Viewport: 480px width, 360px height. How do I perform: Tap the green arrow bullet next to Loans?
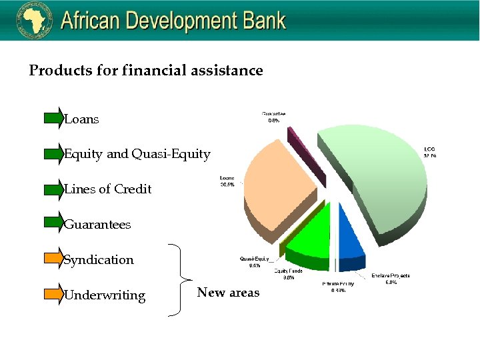(53, 119)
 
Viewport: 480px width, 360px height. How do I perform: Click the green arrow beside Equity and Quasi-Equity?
(53, 154)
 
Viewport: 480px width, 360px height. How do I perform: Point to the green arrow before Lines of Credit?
(53, 189)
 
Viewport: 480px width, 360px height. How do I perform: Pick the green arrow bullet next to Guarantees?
(53, 224)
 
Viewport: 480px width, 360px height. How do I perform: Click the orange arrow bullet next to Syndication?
(53, 259)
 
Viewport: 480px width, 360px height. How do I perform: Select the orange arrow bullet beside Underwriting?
(53, 295)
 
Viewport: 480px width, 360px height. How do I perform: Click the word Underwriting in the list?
(105, 295)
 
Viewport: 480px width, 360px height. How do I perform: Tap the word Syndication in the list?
(99, 260)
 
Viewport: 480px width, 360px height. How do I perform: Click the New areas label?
(228, 293)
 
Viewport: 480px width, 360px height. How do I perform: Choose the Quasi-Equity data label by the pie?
(254, 261)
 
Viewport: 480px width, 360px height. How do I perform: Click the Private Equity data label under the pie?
(338, 287)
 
